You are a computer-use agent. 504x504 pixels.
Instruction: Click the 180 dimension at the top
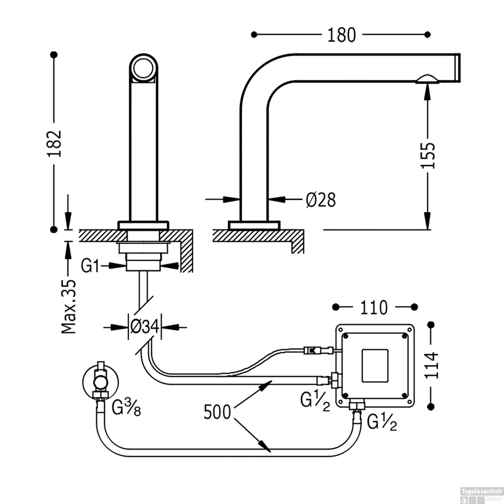[x=341, y=35]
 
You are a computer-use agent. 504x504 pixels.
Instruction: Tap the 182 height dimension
[x=54, y=143]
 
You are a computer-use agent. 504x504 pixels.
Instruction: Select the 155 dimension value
[x=428, y=155]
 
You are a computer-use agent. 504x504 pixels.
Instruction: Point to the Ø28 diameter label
[x=321, y=200]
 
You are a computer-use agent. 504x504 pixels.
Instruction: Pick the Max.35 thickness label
[x=69, y=306]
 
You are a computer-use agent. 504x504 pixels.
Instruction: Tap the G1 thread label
[x=90, y=266]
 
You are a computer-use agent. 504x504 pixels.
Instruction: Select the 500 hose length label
[x=217, y=412]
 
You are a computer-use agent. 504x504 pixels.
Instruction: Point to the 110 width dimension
[x=374, y=307]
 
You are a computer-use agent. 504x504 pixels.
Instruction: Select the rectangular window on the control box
[x=375, y=365]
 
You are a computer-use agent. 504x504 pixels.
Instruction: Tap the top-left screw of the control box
[x=345, y=335]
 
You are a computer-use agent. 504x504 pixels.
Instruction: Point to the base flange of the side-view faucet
[x=254, y=225]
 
